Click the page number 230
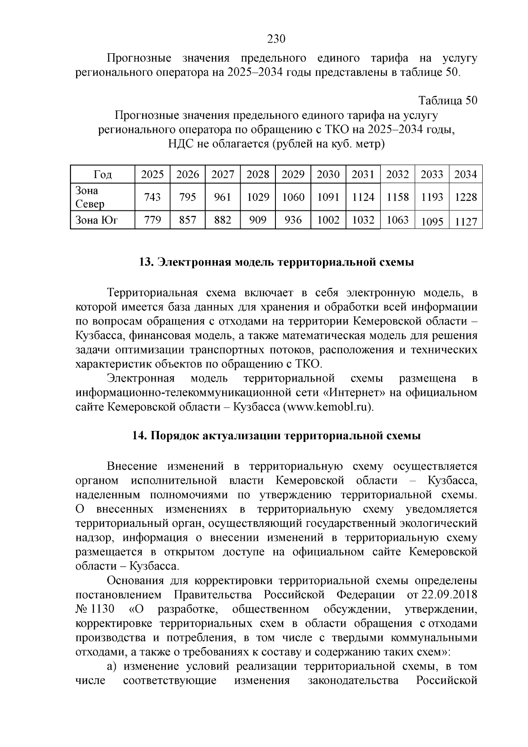pyautogui.click(x=277, y=39)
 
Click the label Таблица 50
pyautogui.click(x=448, y=100)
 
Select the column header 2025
pyautogui.click(x=152, y=174)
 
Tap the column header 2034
pyautogui.click(x=466, y=174)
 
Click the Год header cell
pyautogui.click(x=103, y=175)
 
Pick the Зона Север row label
pyautogui.click(x=90, y=197)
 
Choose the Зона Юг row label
pyautogui.click(x=97, y=220)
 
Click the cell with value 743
pyautogui.click(x=152, y=197)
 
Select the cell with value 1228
pyautogui.click(x=466, y=197)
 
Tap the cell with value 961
pyautogui.click(x=223, y=197)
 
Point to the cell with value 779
pyautogui.click(x=152, y=220)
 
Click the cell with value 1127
pyautogui.click(x=466, y=222)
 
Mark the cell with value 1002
pyautogui.click(x=328, y=220)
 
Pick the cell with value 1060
pyautogui.click(x=293, y=197)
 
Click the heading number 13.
pyautogui.click(x=145, y=262)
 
